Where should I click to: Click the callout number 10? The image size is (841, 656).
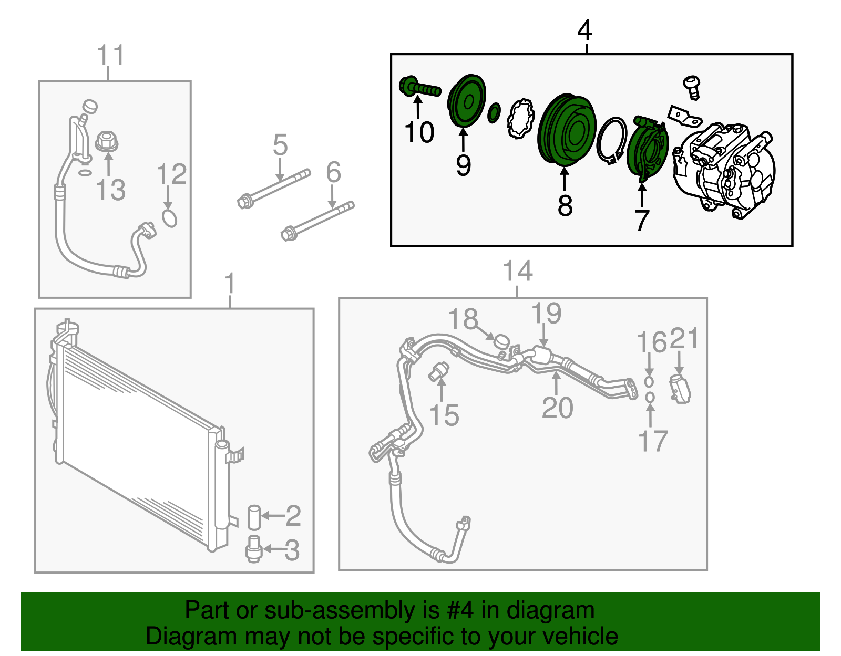(x=419, y=132)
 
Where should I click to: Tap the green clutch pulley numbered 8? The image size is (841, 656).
(x=566, y=129)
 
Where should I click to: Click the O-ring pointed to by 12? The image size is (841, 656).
(x=169, y=218)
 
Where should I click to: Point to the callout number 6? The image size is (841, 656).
(x=333, y=172)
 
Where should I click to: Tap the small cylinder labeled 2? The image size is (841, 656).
(x=254, y=517)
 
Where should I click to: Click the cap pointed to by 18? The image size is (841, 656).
(x=501, y=341)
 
